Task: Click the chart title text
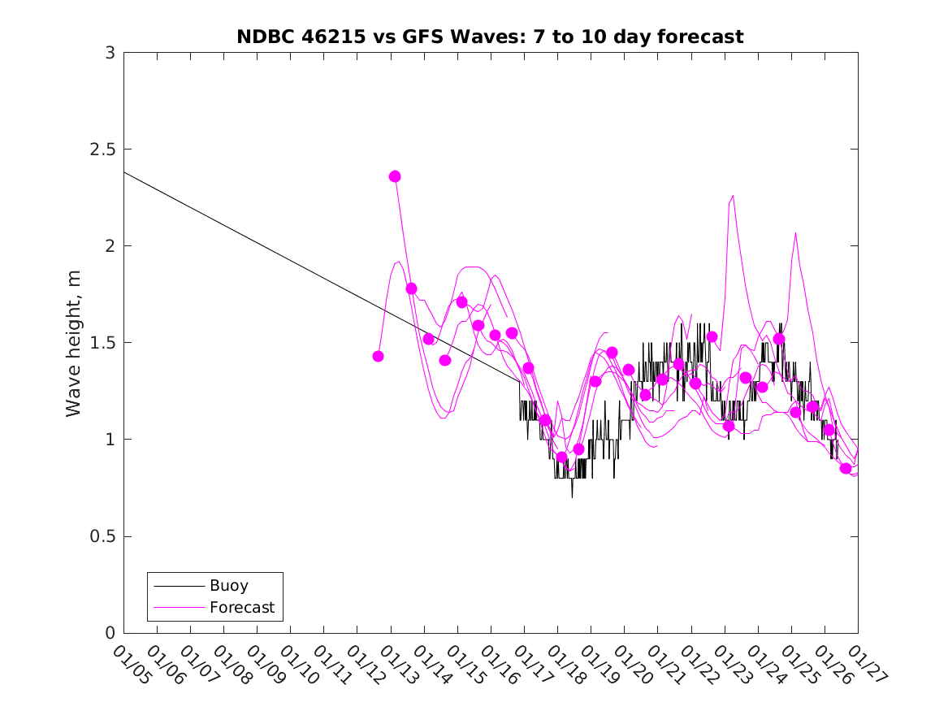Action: [x=490, y=37]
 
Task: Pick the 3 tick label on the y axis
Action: [x=110, y=53]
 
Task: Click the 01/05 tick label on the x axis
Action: [x=131, y=665]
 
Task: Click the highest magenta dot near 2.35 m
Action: [x=395, y=176]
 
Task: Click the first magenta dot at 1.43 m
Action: [x=378, y=356]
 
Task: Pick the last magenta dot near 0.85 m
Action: [x=846, y=468]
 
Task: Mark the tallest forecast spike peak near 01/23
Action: [x=733, y=195]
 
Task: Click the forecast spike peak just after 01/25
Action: [x=795, y=233]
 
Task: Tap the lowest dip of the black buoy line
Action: [x=572, y=496]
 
